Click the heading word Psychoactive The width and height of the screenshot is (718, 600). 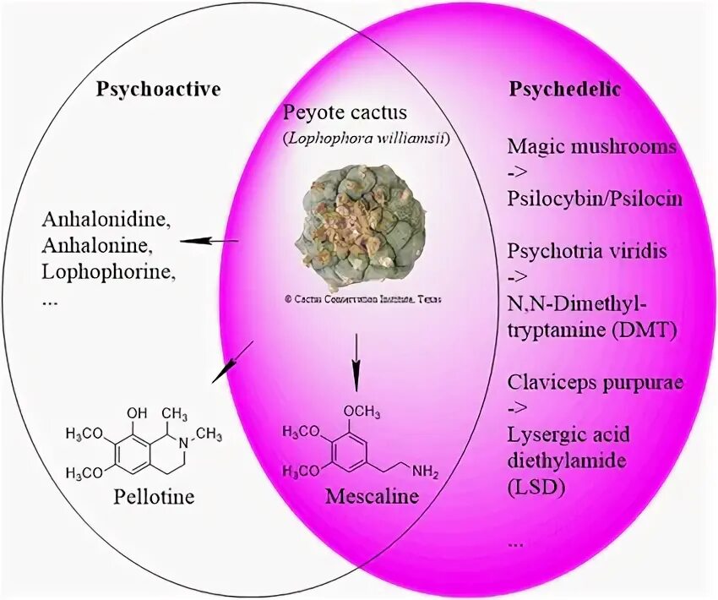tap(158, 89)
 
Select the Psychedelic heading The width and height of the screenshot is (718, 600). tap(565, 89)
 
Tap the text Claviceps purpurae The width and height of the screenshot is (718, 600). tap(596, 381)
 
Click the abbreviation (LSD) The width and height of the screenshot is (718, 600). tap(536, 488)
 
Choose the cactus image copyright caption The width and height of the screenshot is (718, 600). tap(362, 299)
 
